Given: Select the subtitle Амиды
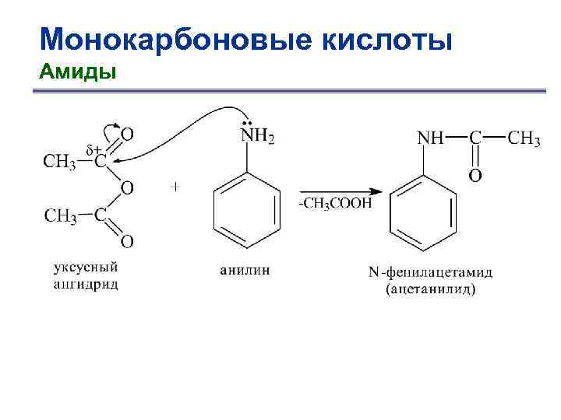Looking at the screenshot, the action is click(77, 72).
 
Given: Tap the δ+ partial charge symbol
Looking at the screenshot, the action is click(93, 148).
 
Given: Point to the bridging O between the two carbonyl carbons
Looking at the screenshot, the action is click(127, 188).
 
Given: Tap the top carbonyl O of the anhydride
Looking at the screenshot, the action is click(127, 135).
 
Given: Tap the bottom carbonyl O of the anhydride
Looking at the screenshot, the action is click(127, 242).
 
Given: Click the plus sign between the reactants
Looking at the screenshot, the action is click(175, 187).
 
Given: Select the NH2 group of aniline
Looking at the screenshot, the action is click(257, 137).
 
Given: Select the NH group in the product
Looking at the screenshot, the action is click(431, 138).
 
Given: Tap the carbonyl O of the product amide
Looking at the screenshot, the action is click(475, 176).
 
